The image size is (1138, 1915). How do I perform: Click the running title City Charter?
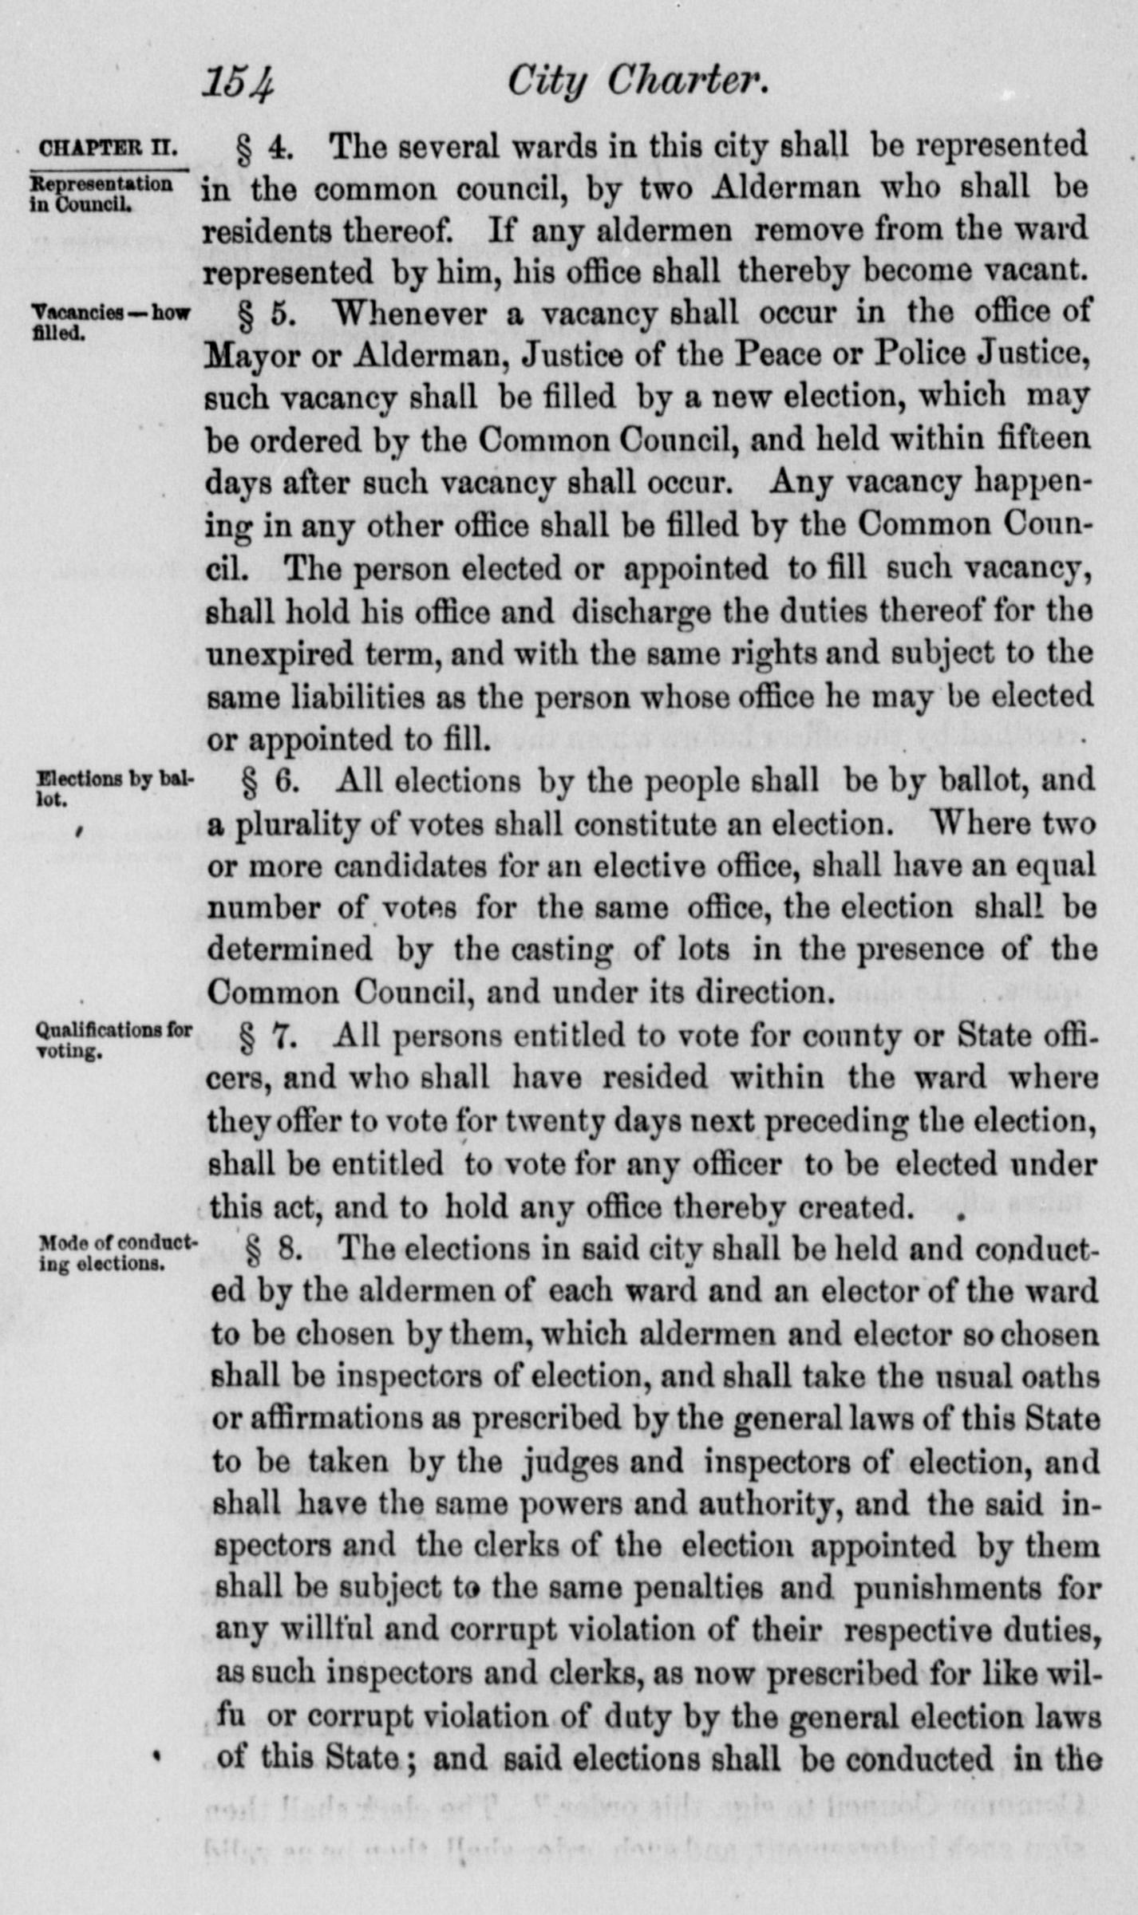point(638,83)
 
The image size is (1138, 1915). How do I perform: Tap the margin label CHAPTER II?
point(108,149)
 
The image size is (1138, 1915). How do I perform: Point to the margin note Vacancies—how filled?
point(110,322)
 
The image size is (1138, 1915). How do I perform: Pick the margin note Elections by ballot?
point(114,788)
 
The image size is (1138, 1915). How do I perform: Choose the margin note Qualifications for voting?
point(114,1039)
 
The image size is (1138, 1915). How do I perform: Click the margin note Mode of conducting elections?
point(117,1253)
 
